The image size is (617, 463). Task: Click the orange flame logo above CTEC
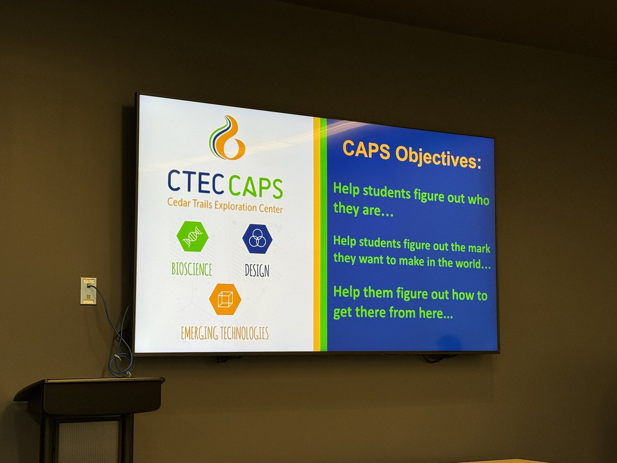point(227,138)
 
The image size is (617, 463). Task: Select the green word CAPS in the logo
point(255,187)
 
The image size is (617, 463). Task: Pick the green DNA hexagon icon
point(192,236)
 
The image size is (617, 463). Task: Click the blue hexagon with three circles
point(257,239)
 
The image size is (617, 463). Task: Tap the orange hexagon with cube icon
point(225,299)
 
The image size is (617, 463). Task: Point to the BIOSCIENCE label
point(192,269)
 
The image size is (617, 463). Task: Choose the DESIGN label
point(257,271)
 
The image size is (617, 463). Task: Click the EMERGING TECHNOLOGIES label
point(225,333)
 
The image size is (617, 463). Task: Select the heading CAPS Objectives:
point(412,155)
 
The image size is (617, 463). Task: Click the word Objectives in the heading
point(438,158)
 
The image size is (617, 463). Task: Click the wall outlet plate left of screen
point(88,291)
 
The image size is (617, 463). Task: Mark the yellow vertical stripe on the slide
point(317,234)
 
